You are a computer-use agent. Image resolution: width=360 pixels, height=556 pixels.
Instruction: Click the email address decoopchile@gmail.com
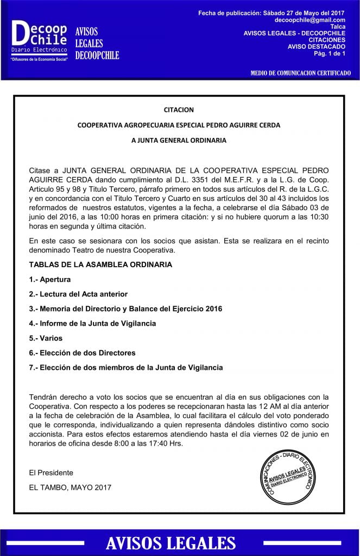(310, 20)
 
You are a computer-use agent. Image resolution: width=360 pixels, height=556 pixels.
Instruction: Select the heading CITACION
(179, 110)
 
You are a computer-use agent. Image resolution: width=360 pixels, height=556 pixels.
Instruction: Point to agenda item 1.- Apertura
(50, 279)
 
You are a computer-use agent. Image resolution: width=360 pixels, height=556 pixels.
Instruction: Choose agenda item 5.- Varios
(46, 338)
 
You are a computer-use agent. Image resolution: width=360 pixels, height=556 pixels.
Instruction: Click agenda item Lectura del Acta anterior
(78, 294)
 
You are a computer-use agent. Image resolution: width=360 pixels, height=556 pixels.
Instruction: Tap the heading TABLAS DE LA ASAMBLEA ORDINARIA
(100, 264)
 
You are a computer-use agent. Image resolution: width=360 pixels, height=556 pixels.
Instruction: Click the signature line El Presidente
(51, 472)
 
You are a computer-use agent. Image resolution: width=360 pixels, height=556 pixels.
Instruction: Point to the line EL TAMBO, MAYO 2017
(70, 487)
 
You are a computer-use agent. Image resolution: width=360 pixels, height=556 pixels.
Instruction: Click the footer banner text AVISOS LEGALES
(170, 543)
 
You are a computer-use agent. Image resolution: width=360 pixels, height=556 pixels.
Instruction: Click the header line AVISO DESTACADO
(317, 46)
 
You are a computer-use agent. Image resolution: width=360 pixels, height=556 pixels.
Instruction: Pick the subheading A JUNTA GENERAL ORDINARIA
(179, 140)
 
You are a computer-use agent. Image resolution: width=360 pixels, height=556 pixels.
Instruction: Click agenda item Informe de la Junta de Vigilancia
(92, 323)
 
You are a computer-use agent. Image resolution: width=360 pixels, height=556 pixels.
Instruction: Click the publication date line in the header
(271, 12)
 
